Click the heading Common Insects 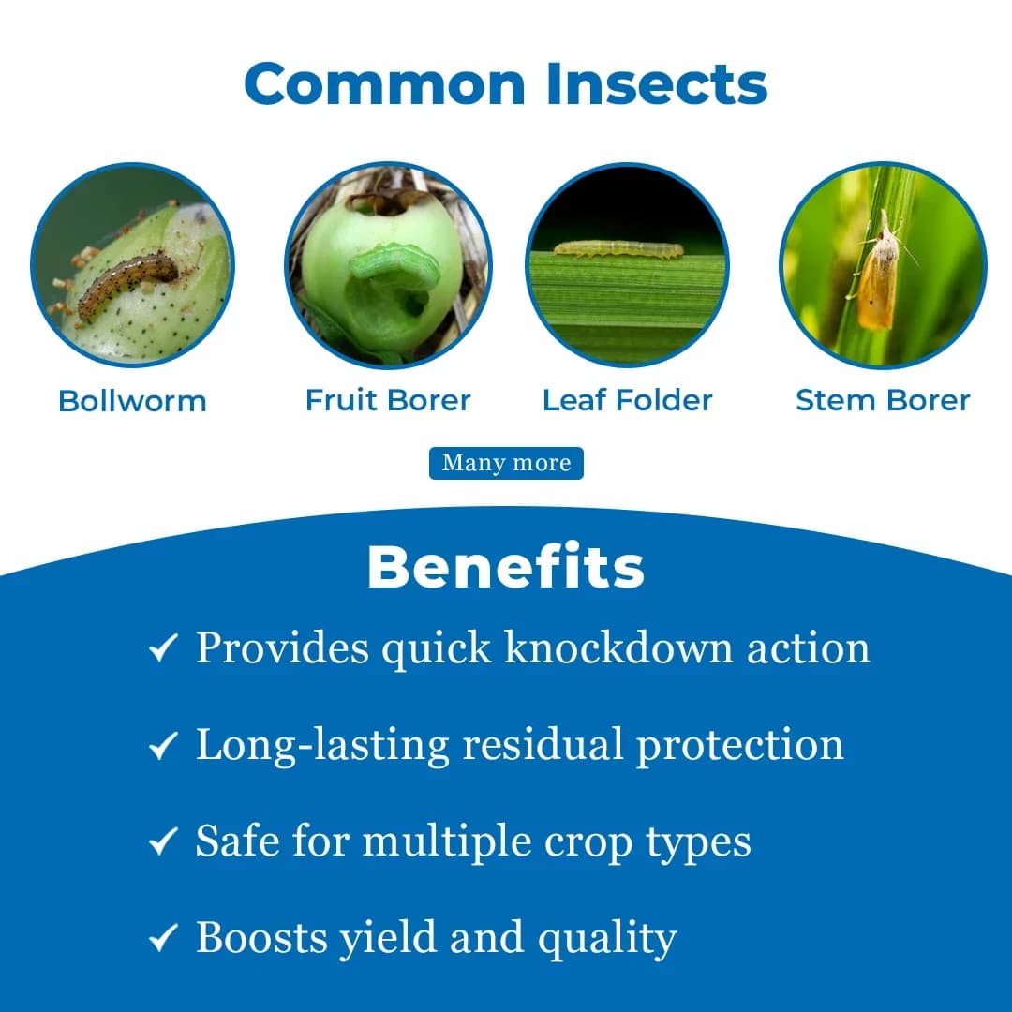pyautogui.click(x=506, y=84)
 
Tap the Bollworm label pyautogui.click(x=132, y=401)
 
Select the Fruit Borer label pyautogui.click(x=388, y=400)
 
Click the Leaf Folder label pyautogui.click(x=627, y=400)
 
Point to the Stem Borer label pyautogui.click(x=883, y=400)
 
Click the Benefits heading pyautogui.click(x=506, y=567)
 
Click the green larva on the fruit pyautogui.click(x=394, y=268)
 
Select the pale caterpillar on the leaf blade pyautogui.click(x=618, y=249)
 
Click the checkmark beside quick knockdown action pyautogui.click(x=163, y=647)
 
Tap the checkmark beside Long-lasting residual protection pyautogui.click(x=163, y=745)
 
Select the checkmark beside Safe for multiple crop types pyautogui.click(x=163, y=842)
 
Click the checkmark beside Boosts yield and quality pyautogui.click(x=163, y=939)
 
